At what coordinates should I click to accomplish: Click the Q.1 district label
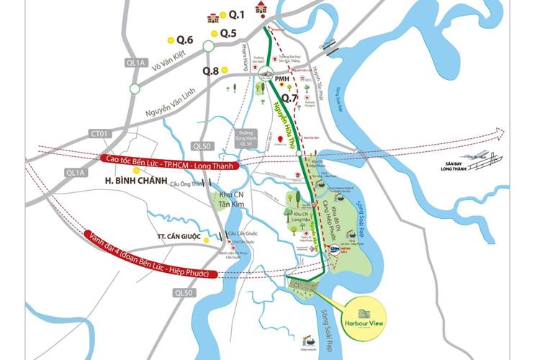[237, 14]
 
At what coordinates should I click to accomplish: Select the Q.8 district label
[210, 71]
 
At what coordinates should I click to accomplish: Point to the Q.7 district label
[290, 97]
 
